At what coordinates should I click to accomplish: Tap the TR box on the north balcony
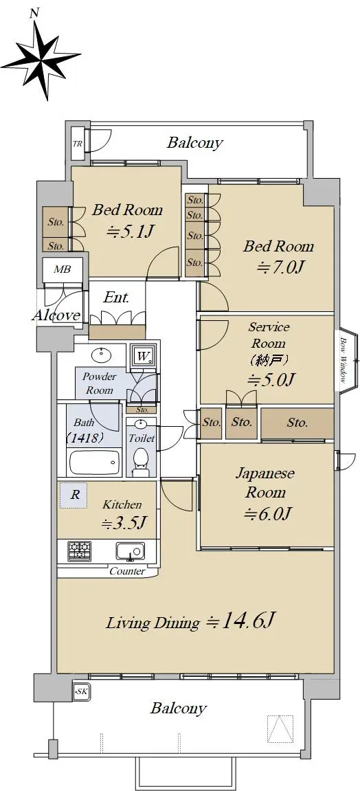pyautogui.click(x=78, y=143)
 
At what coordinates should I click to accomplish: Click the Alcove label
pyautogui.click(x=56, y=316)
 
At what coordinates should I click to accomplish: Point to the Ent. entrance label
pyautogui.click(x=117, y=298)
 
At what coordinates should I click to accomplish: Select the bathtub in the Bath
pyautogui.click(x=94, y=460)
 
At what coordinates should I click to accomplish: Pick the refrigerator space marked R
pyautogui.click(x=74, y=495)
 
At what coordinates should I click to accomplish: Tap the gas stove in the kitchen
pyautogui.click(x=78, y=550)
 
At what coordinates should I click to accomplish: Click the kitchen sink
pyautogui.click(x=131, y=551)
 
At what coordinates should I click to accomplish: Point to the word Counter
pyautogui.click(x=127, y=572)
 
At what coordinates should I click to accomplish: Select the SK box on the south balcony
pyautogui.click(x=80, y=691)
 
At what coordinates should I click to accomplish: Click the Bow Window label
pyautogui.click(x=343, y=360)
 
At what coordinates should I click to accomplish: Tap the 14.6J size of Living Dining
pyautogui.click(x=240, y=621)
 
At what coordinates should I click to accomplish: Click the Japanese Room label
pyautogui.click(x=265, y=482)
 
